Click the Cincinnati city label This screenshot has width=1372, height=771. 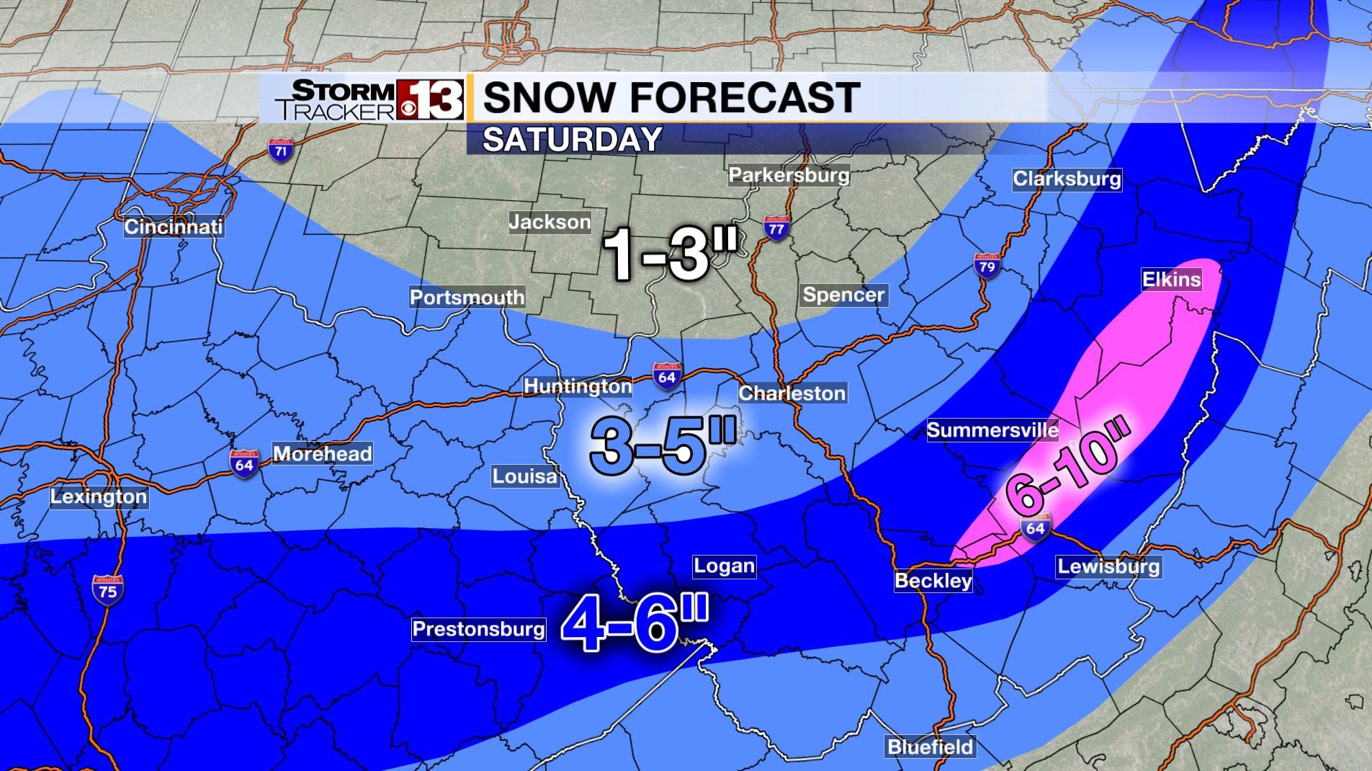[x=173, y=226]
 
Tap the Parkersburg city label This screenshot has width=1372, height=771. [x=789, y=174]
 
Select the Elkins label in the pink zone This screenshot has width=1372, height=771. [x=1171, y=279]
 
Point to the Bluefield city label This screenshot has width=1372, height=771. [x=930, y=746]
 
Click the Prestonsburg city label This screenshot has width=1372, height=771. [x=478, y=629]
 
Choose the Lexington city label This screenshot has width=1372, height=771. [x=99, y=496]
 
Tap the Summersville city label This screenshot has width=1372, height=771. [x=992, y=430]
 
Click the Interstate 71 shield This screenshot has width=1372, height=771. [x=281, y=149]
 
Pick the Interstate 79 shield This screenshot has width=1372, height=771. [x=987, y=264]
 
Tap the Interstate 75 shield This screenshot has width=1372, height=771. [x=107, y=589]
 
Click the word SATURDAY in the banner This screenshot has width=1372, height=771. [x=572, y=139]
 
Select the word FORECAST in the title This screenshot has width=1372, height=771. [x=743, y=97]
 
